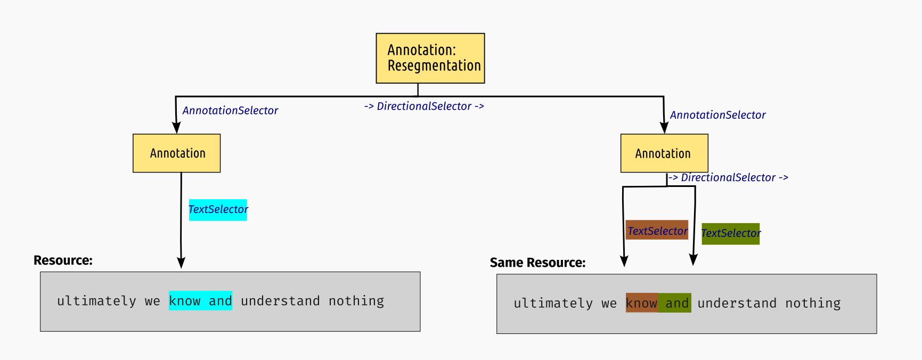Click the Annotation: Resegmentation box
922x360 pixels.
pyautogui.click(x=430, y=58)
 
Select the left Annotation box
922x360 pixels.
pyautogui.click(x=176, y=153)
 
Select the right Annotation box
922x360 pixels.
pyautogui.click(x=664, y=153)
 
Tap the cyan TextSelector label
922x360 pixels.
pyautogui.click(x=218, y=209)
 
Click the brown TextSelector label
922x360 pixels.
pyautogui.click(x=657, y=230)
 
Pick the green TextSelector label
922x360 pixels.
pyautogui.click(x=730, y=234)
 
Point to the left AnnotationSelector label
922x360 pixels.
pyautogui.click(x=230, y=111)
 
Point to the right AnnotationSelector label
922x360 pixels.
pyautogui.click(x=717, y=115)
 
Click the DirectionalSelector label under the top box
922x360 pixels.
pyautogui.click(x=424, y=107)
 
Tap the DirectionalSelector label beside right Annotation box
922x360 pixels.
pyautogui.click(x=728, y=178)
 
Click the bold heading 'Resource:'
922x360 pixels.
pyautogui.click(x=63, y=260)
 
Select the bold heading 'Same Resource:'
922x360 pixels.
pyautogui.click(x=537, y=263)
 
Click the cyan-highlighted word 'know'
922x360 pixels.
pyautogui.click(x=184, y=301)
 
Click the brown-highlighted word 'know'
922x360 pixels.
pyautogui.click(x=641, y=303)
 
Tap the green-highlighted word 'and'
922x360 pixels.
pyautogui.click(x=677, y=303)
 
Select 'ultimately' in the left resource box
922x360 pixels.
pyautogui.click(x=96, y=301)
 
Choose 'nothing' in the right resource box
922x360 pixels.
pyautogui.click(x=813, y=303)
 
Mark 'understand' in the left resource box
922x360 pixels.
pyautogui.click(x=280, y=301)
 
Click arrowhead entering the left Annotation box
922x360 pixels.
pyautogui.click(x=176, y=127)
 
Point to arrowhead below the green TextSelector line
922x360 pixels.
pyautogui.click(x=693, y=259)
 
